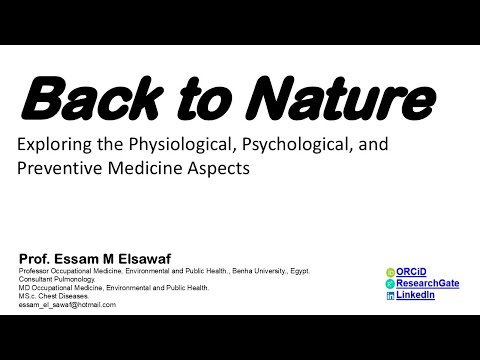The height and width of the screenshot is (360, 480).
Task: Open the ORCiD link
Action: click(x=411, y=272)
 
